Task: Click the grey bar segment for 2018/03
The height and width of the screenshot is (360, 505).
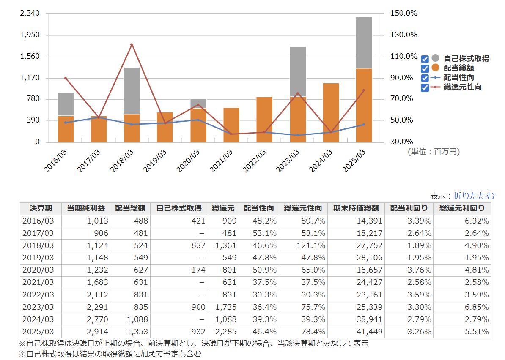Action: [132, 91]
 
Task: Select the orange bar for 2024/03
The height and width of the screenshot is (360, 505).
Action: [331, 112]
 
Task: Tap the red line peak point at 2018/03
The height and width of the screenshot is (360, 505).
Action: [132, 44]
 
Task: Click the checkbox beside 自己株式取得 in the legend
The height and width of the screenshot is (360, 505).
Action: [425, 59]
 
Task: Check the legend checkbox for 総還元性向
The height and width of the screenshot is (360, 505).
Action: [425, 87]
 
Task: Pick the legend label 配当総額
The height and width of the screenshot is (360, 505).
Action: [458, 68]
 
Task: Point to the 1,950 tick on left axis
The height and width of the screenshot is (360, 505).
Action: [30, 35]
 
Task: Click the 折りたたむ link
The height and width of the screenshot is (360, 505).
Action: [473, 196]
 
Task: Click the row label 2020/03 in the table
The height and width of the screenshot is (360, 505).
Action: [38, 270]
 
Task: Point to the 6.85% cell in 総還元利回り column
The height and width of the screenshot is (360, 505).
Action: [476, 307]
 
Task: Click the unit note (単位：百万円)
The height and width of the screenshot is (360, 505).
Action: [434, 151]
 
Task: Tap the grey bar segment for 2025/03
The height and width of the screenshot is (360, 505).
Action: [364, 42]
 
